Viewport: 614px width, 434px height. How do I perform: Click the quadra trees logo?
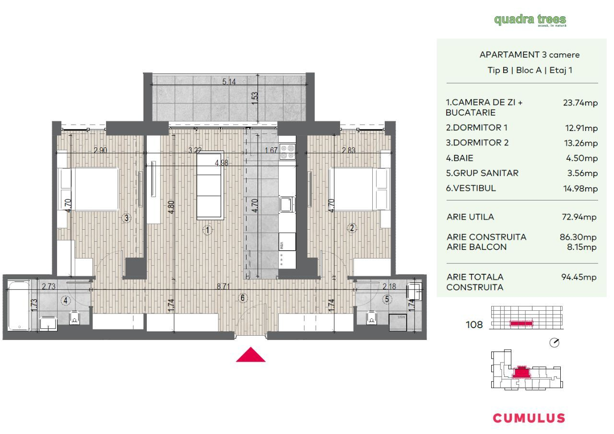530,20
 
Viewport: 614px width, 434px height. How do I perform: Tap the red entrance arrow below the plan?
250,354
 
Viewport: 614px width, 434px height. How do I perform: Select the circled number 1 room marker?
208,230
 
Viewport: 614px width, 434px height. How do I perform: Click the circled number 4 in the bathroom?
65,301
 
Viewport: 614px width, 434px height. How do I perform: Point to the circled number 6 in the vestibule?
243,298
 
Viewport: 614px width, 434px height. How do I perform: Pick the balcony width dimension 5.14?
229,82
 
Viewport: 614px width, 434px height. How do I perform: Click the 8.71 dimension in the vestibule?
224,286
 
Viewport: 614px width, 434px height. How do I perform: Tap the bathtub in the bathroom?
19,305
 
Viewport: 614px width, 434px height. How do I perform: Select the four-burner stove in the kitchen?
287,152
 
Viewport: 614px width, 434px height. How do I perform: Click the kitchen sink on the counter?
287,204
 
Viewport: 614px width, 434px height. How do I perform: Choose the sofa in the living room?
210,186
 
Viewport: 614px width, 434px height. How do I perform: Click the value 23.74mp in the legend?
580,103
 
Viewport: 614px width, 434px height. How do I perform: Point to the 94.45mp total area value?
579,277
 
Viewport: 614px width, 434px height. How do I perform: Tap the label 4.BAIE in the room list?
460,158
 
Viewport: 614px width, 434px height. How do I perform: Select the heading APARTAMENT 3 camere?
529,55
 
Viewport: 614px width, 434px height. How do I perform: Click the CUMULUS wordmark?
529,418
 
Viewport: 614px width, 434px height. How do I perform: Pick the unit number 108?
474,325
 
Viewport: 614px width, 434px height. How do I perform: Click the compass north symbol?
554,343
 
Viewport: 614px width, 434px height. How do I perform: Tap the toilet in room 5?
371,317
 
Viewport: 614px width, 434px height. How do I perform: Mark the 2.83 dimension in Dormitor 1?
348,150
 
